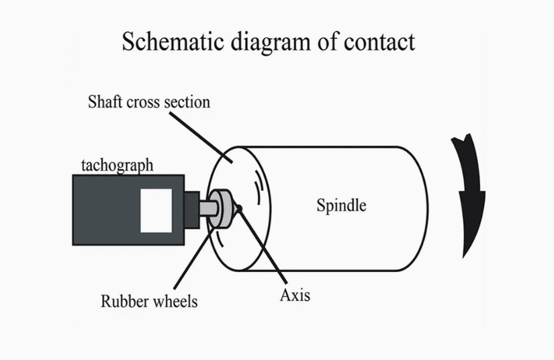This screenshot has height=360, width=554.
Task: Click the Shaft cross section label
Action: pos(149,102)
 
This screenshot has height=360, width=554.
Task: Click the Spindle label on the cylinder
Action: pos(341,205)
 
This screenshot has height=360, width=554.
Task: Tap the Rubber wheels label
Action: pos(149,300)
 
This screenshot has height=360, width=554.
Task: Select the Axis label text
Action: pos(295,294)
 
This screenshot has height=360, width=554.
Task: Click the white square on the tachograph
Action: pos(156,210)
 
